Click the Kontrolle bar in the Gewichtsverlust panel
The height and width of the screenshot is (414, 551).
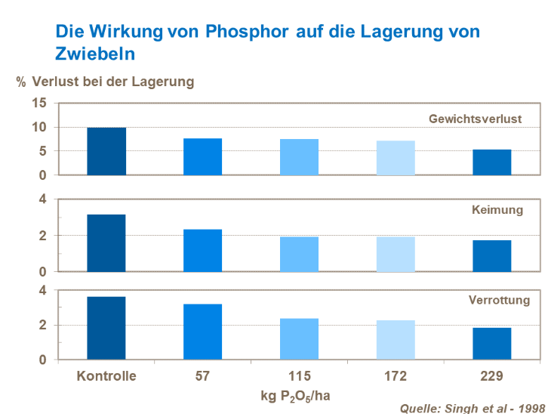(106, 151)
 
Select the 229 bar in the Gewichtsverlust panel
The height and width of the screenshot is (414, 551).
(491, 162)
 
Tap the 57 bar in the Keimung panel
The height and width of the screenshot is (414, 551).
(202, 250)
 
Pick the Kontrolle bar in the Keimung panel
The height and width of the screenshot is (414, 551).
(106, 243)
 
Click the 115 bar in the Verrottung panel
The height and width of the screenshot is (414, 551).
(299, 338)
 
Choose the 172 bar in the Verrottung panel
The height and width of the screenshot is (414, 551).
(396, 340)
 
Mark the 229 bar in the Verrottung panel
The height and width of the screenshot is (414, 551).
(491, 343)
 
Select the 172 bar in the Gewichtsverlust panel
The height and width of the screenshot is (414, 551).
(396, 158)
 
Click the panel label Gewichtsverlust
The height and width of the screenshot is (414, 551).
(475, 119)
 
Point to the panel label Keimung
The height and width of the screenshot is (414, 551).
(497, 209)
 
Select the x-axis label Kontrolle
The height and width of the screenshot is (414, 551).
(106, 375)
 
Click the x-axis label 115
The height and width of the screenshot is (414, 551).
(299, 375)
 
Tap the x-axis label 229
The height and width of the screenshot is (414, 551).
(491, 375)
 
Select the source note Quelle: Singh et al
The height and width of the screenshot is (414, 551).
(472, 408)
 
